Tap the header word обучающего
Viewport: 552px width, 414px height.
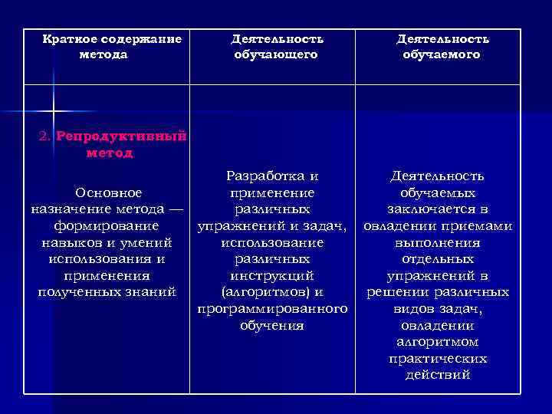(277, 54)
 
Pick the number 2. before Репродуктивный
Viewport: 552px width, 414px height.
(44, 136)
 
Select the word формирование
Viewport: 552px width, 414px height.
(107, 225)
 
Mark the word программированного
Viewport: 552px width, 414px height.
(271, 308)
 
